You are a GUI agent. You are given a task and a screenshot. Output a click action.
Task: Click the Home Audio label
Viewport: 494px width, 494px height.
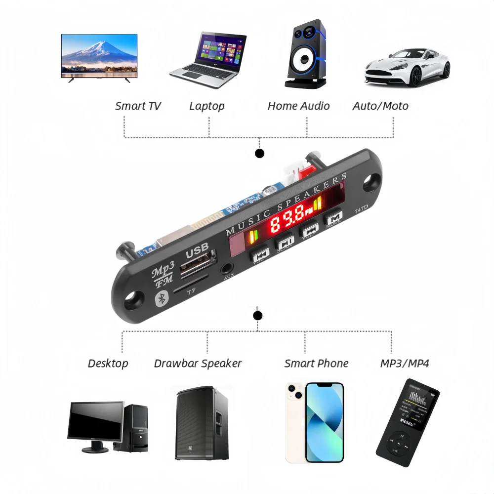click(x=298, y=106)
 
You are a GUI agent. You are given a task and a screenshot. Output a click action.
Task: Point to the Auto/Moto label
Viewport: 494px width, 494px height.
click(x=380, y=106)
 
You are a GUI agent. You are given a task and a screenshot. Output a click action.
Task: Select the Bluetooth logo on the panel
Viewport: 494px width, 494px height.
click(x=161, y=298)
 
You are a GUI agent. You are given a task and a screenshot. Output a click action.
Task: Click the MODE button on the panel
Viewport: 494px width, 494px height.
click(x=334, y=218)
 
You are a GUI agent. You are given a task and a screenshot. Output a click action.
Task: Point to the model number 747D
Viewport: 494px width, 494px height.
click(x=362, y=209)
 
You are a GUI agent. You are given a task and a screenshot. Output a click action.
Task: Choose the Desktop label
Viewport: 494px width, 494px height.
click(x=108, y=364)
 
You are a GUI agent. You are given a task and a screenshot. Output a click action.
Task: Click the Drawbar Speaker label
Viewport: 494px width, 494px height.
click(x=198, y=364)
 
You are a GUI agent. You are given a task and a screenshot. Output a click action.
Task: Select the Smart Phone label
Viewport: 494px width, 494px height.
click(x=316, y=364)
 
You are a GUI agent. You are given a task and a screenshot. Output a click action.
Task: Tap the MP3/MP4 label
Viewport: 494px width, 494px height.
click(x=405, y=364)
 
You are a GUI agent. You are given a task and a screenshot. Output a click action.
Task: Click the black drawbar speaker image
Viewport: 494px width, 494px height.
click(x=202, y=423)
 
